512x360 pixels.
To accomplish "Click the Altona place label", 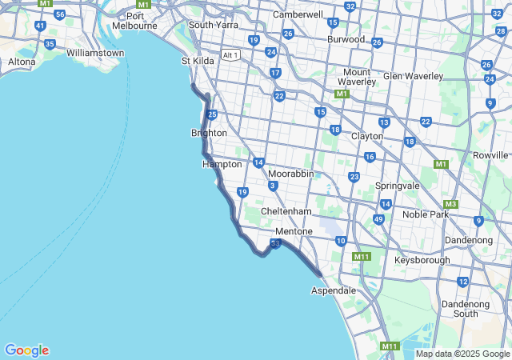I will (22, 62).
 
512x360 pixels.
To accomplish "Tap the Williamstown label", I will (95, 53).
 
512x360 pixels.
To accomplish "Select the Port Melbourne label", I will (141, 21).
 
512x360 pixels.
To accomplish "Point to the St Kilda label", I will (198, 61).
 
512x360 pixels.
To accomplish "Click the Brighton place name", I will (209, 133).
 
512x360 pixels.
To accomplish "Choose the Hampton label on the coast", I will (222, 164).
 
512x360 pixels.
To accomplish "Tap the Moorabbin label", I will (290, 174).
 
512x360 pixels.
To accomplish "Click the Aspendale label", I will (333, 290).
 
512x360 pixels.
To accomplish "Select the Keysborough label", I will (422, 260).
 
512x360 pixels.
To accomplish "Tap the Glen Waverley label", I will (413, 76).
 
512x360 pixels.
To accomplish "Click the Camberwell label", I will (298, 14).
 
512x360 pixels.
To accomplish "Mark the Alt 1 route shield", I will (230, 54).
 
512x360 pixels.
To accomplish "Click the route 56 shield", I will (60, 15).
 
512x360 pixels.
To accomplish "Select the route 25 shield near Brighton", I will (211, 115).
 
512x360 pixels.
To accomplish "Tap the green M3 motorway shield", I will (450, 204).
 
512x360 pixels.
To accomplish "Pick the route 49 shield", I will (378, 219).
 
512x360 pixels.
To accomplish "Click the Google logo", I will (26, 350).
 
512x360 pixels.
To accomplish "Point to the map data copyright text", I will (462, 354).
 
